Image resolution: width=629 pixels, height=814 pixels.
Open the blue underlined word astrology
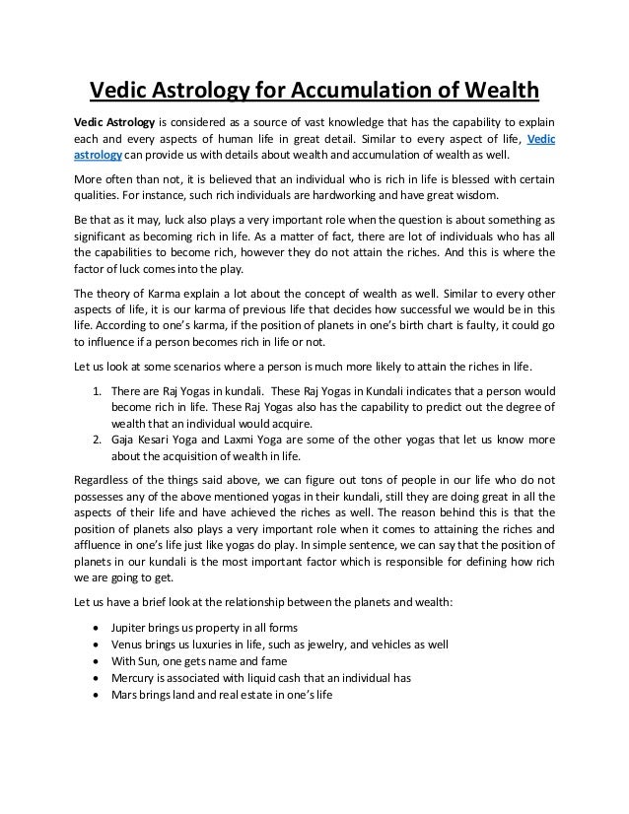point(99,156)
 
